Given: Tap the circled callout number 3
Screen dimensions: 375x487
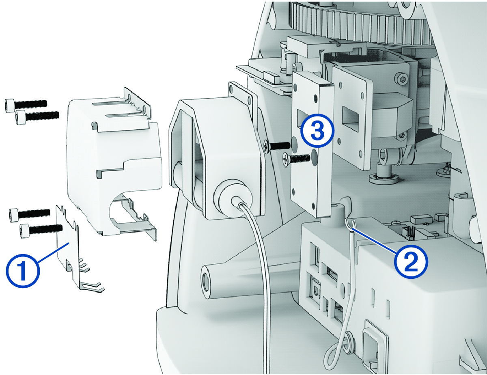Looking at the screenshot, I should [x=317, y=131].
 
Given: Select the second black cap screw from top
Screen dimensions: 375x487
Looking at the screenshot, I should [x=37, y=116].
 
